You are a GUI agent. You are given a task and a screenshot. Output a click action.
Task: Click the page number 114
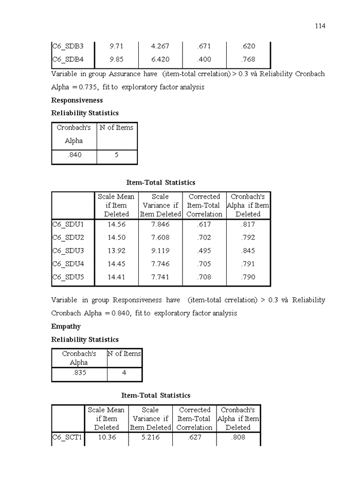(x=320, y=26)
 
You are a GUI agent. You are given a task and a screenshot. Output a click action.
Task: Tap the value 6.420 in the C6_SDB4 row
(x=160, y=60)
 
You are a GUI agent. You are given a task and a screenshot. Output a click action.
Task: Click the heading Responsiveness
(x=77, y=100)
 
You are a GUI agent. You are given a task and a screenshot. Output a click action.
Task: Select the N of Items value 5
(x=117, y=155)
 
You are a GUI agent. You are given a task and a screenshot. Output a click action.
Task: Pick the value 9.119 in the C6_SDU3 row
(x=160, y=251)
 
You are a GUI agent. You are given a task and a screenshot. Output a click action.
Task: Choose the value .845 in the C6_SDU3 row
(x=248, y=251)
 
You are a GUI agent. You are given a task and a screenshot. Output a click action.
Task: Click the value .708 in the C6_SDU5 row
(x=204, y=277)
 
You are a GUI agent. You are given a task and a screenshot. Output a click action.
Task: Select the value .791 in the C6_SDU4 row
(x=248, y=264)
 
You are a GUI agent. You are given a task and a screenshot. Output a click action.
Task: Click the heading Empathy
(x=66, y=327)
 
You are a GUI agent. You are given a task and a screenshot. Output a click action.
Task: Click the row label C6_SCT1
(x=67, y=438)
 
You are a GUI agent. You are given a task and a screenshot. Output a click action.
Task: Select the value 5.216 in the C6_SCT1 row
(x=150, y=438)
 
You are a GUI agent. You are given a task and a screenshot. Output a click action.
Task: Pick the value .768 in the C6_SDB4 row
(x=248, y=60)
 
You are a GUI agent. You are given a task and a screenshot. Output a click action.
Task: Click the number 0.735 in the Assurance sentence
(x=83, y=87)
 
